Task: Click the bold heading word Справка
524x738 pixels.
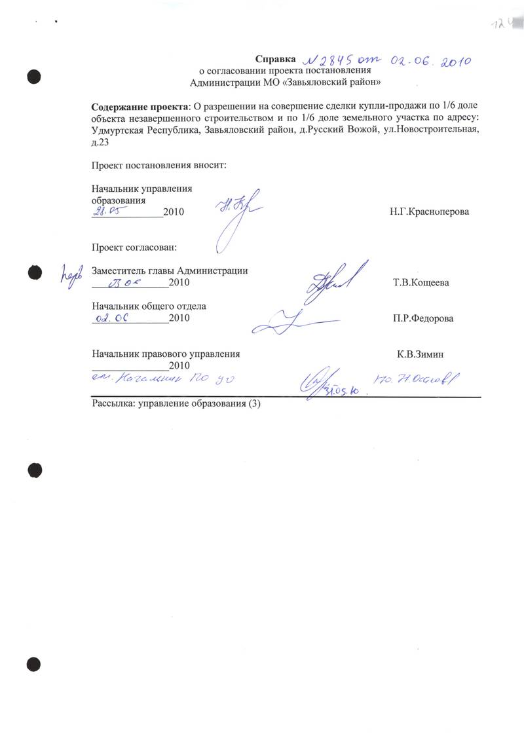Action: coord(276,59)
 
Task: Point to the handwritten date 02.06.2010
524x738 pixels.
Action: coord(432,62)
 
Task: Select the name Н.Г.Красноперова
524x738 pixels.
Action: coord(429,213)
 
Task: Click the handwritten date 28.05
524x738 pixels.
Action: coord(107,210)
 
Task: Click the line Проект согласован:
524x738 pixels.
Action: coord(134,248)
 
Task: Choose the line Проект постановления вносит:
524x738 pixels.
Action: coord(159,166)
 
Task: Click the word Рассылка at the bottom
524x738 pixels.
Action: coord(112,404)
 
